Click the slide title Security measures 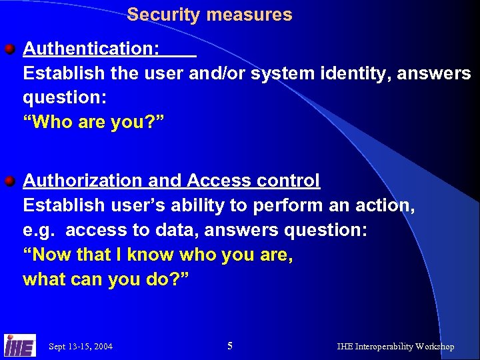click(209, 15)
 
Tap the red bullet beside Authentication click(10, 49)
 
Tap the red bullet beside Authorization click(10, 181)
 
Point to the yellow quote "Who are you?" click(97, 122)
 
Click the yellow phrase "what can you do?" click(106, 279)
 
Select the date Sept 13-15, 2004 click(81, 347)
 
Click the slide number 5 click(230, 345)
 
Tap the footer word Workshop click(434, 347)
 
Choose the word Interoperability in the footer click(383, 347)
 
